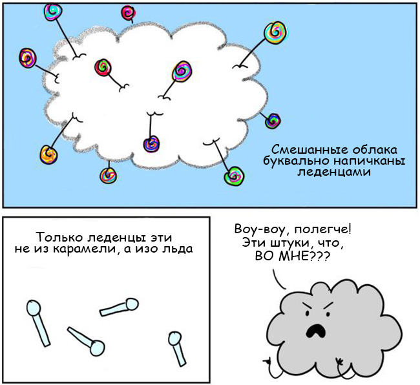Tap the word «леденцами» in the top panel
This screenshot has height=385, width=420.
tap(334, 172)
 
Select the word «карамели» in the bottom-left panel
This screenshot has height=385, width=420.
tap(84, 249)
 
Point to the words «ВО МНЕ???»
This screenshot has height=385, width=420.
tap(292, 256)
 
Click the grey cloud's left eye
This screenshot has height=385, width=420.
tap(307, 313)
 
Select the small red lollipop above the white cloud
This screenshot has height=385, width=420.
tap(128, 12)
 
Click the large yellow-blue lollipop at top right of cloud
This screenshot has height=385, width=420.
tap(275, 32)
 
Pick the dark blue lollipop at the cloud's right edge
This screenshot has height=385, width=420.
tap(273, 121)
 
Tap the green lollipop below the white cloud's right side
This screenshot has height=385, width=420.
tap(235, 176)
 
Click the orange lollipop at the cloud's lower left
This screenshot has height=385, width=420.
tap(48, 154)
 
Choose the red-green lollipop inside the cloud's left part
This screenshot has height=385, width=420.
tap(103, 67)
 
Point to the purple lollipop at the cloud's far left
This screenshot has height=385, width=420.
tap(28, 58)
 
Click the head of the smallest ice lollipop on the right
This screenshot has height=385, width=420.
tap(175, 338)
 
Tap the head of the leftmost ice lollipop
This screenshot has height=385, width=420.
tap(34, 307)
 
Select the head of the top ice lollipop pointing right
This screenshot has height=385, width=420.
tap(132, 304)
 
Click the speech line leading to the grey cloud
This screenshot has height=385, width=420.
tap(278, 280)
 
